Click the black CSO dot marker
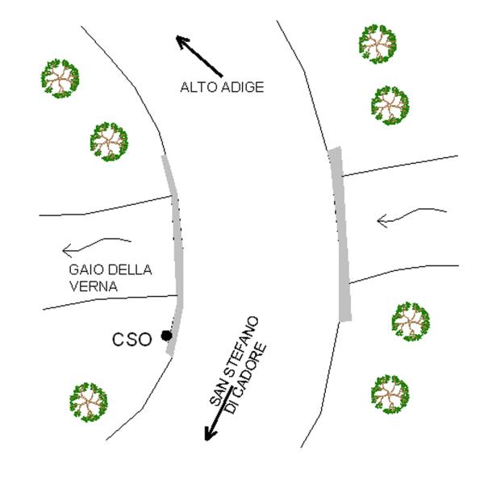pyautogui.click(x=167, y=336)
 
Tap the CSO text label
pyautogui.click(x=132, y=340)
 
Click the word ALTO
pyautogui.click(x=198, y=87)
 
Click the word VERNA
pyautogui.click(x=94, y=286)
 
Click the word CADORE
pyautogui.click(x=246, y=378)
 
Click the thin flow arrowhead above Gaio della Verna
pyautogui.click(x=67, y=250)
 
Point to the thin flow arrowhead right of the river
pyautogui.click(x=382, y=221)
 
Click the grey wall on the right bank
pyautogui.click(x=340, y=235)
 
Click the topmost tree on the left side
pyautogui.click(x=60, y=79)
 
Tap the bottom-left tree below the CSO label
pyautogui.click(x=89, y=403)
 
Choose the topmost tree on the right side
pyautogui.click(x=378, y=44)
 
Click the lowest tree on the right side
pyautogui.click(x=390, y=394)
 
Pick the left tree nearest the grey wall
pyautogui.click(x=109, y=142)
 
